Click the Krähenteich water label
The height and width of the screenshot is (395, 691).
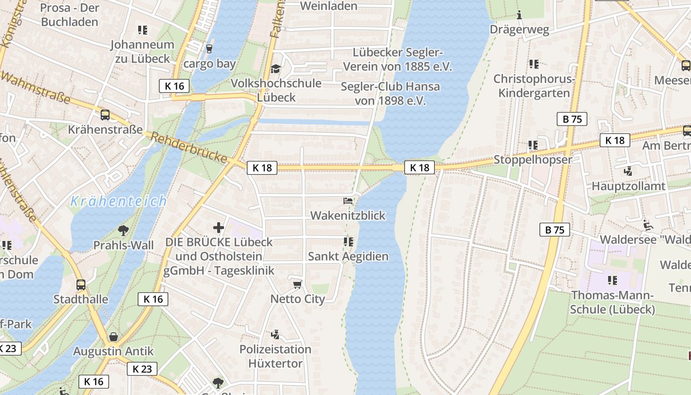(118, 201)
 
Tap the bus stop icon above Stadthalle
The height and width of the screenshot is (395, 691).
(81, 285)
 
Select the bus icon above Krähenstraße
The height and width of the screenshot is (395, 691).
(105, 115)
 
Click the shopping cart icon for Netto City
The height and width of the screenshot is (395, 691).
(297, 284)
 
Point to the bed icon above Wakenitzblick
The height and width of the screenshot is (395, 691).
(348, 201)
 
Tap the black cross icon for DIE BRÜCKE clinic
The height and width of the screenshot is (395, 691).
(219, 228)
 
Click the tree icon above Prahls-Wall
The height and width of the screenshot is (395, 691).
(123, 230)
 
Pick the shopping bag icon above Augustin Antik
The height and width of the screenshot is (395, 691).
(114, 337)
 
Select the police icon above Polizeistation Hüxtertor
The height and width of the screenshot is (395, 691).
(275, 335)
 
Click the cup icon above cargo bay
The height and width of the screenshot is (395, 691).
(209, 48)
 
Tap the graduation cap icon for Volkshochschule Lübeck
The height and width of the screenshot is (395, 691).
(275, 69)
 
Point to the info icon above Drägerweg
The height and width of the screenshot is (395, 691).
(519, 15)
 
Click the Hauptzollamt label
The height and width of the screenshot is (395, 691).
(628, 186)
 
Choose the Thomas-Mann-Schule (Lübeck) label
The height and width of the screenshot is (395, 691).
(612, 302)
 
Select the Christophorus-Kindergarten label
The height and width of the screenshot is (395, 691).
(534, 86)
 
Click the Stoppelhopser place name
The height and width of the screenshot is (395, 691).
(533, 160)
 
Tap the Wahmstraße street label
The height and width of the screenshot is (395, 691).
(35, 87)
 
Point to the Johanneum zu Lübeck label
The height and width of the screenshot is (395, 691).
(142, 51)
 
